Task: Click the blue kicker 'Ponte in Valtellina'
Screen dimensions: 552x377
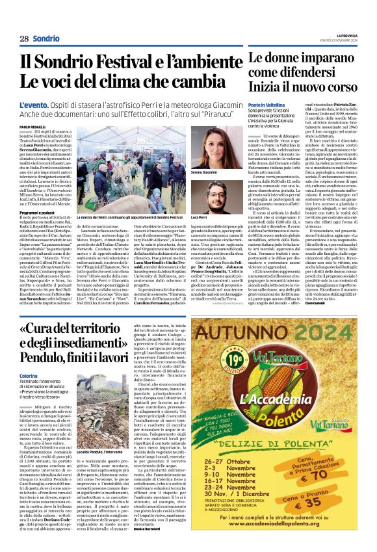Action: coord(266,105)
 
